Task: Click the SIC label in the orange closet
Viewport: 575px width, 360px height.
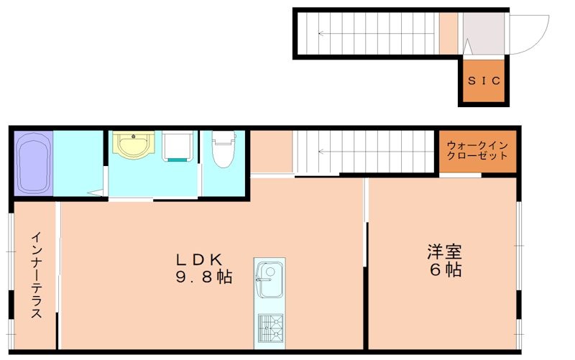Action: tap(484, 80)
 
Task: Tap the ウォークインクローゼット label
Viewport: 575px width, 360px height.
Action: tap(477, 150)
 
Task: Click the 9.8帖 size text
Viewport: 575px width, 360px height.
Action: tap(204, 277)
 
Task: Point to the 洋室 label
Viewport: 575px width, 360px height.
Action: tap(443, 252)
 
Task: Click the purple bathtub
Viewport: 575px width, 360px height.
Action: tap(32, 163)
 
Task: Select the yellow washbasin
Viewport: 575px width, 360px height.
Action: tap(132, 146)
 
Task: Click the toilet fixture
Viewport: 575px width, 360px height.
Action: tap(224, 149)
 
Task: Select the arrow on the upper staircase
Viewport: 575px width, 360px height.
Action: tap(323, 33)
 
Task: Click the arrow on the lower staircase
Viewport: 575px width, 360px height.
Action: tap(323, 152)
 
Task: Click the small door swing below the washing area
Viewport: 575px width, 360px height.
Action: tap(94, 192)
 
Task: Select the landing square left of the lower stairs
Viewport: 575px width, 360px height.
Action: tap(271, 152)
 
